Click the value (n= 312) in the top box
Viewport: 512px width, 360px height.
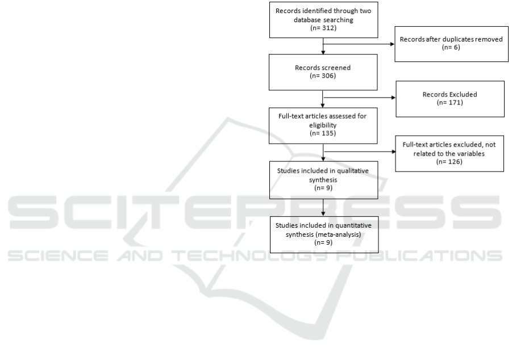pos(323,28)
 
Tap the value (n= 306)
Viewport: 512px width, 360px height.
pos(323,76)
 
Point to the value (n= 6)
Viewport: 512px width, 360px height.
pos(451,47)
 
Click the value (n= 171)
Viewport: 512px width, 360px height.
pos(449,102)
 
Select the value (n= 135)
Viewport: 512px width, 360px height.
pos(323,133)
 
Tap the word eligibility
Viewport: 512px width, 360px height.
pos(323,125)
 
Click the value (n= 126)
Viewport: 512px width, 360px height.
pos(449,162)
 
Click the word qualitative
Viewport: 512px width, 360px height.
pos(353,171)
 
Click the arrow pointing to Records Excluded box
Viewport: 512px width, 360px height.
pos(359,97)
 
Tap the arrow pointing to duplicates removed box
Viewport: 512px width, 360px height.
pos(359,44)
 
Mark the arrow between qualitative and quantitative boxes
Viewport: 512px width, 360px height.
pos(323,208)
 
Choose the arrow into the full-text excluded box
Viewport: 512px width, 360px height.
pos(360,152)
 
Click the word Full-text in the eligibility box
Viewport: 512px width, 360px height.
pos(290,116)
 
